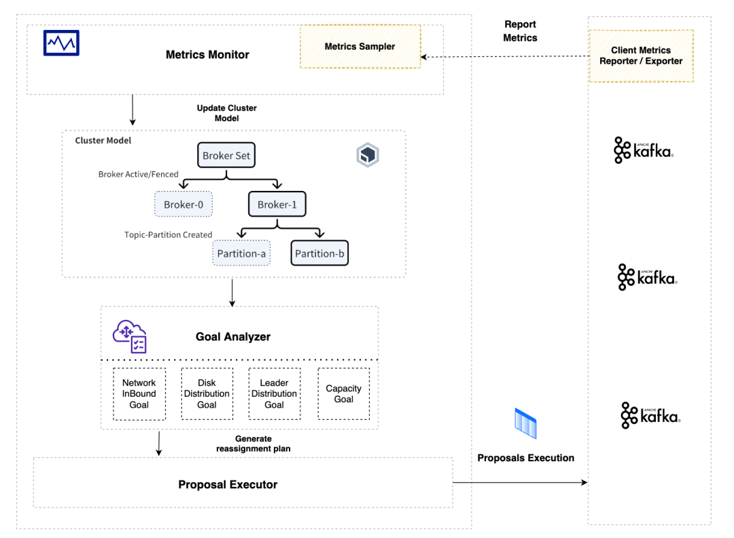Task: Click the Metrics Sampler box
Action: coord(360,46)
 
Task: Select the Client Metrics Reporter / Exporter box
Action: coord(641,56)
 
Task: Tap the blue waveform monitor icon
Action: coord(61,43)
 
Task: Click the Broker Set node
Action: coord(226,156)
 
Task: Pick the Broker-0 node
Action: coord(183,204)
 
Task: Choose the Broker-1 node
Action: coord(277,204)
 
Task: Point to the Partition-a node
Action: coord(241,253)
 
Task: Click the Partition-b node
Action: coord(319,253)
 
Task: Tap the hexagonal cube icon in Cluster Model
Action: coord(368,155)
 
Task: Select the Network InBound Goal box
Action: coord(139,394)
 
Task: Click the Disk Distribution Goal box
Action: coord(207,394)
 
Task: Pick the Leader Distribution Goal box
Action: coord(275,394)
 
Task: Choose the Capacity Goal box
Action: coord(344,394)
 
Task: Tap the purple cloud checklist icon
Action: coord(130,336)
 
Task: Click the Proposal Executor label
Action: coord(228,484)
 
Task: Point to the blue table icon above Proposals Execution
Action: coord(525,423)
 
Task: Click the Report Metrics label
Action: coord(520,31)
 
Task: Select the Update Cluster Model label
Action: coord(226,113)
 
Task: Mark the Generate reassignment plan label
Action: coord(254,444)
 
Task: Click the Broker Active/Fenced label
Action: coord(139,174)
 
